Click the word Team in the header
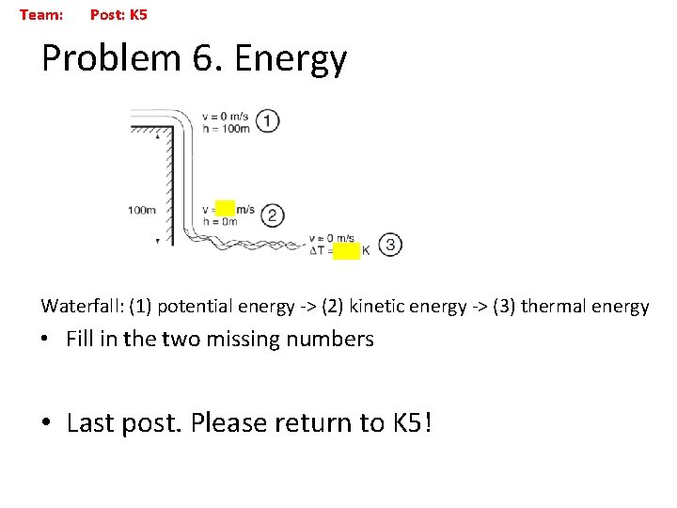[40, 15]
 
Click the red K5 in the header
[138, 15]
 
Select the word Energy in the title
[291, 59]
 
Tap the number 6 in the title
[203, 58]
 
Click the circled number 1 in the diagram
[268, 121]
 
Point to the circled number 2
[272, 215]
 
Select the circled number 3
[389, 245]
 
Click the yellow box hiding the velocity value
[225, 209]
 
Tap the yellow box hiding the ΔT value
[347, 250]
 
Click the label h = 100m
[226, 128]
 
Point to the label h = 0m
[220, 221]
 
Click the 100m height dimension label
[142, 210]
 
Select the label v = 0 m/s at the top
[225, 117]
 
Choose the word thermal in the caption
[556, 306]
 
